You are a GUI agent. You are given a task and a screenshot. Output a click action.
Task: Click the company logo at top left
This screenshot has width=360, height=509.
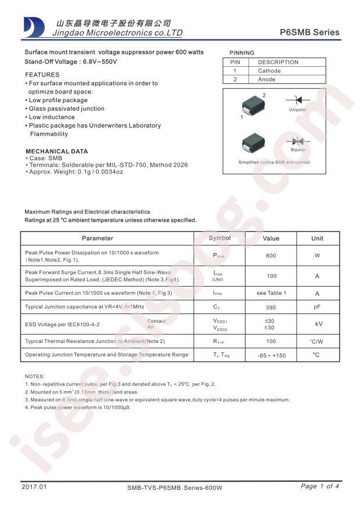click(34, 27)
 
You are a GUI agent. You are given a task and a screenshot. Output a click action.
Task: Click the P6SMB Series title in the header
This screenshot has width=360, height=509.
click(313, 33)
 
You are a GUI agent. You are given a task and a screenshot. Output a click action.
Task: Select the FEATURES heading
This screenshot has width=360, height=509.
click(42, 75)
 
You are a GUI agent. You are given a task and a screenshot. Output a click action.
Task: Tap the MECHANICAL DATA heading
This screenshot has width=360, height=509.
click(56, 151)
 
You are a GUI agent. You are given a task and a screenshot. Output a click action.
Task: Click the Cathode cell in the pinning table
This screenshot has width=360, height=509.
click(269, 71)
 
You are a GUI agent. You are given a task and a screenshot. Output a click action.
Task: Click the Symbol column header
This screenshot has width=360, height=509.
click(219, 238)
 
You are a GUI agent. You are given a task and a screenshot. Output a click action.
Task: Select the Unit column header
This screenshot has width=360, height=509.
click(317, 238)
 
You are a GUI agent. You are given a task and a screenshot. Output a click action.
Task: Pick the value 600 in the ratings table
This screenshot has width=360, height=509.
click(271, 256)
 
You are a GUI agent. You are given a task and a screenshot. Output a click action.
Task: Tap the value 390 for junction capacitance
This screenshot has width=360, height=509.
click(271, 306)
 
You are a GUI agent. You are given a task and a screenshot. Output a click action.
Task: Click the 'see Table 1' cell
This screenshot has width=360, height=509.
click(271, 293)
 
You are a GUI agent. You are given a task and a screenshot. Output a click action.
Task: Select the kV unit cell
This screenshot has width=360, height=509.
click(318, 324)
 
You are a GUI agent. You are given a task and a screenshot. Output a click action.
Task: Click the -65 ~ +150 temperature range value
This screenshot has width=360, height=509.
click(271, 355)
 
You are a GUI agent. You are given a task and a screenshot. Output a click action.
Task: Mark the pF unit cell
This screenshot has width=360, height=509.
click(317, 306)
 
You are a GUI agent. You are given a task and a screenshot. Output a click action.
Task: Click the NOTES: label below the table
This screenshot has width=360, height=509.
click(35, 377)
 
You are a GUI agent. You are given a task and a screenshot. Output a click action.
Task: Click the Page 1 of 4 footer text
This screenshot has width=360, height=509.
click(319, 486)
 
